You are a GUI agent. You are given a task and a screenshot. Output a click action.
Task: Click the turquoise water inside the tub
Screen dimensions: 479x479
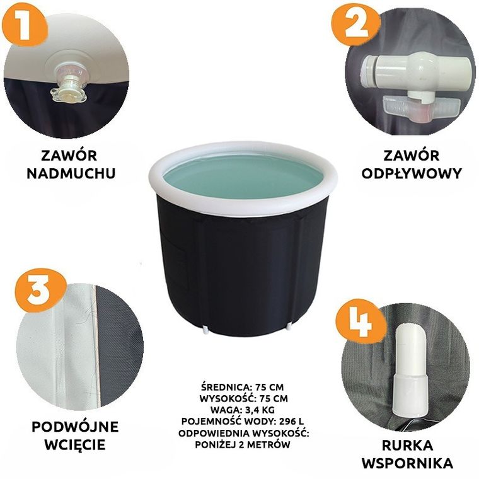[243, 176]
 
